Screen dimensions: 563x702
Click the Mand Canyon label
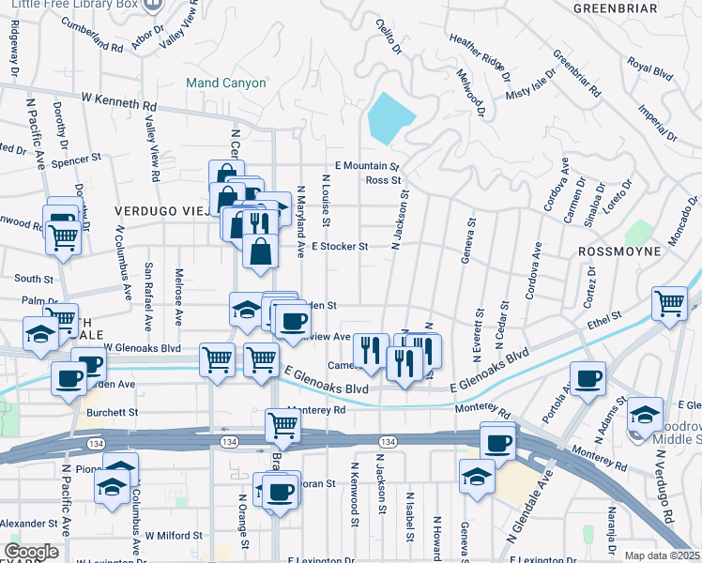[225, 83]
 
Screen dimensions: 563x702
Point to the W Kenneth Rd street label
[119, 97]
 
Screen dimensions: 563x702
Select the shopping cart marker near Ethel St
[670, 303]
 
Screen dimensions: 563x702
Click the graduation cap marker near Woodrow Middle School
[645, 414]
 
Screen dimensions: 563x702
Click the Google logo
[31, 552]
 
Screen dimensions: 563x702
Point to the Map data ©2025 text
[663, 555]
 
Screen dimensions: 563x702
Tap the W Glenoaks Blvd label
[141, 347]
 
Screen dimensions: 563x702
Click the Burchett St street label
[113, 412]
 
